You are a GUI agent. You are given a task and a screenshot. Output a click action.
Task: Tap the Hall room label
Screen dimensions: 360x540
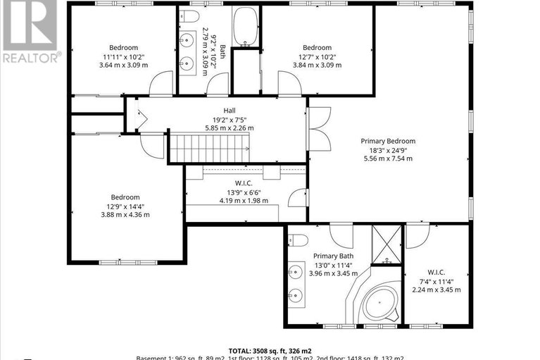[230, 111]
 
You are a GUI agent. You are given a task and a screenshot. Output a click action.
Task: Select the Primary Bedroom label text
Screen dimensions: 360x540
[388, 141]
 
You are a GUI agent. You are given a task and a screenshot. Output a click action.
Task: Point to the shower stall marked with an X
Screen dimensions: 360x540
[386, 241]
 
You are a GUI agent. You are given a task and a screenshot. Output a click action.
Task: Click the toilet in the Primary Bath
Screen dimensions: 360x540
[295, 238]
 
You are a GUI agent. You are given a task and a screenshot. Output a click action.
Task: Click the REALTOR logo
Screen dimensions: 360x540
[30, 32]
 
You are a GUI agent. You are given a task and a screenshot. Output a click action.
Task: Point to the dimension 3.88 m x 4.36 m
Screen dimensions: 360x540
[125, 215]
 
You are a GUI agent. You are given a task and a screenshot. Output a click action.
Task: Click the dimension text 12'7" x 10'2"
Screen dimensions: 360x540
[317, 56]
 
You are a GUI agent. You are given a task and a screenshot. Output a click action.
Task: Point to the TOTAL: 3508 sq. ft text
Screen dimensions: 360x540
[270, 349]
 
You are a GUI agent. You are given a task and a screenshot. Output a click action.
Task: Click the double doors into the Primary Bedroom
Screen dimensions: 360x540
[319, 128]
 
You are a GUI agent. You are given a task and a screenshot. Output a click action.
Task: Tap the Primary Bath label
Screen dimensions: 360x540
[333, 256]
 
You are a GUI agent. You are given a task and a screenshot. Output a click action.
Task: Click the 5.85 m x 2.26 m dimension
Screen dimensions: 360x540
[230, 128]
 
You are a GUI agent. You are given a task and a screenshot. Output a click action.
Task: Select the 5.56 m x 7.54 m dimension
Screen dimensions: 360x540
[388, 158]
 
